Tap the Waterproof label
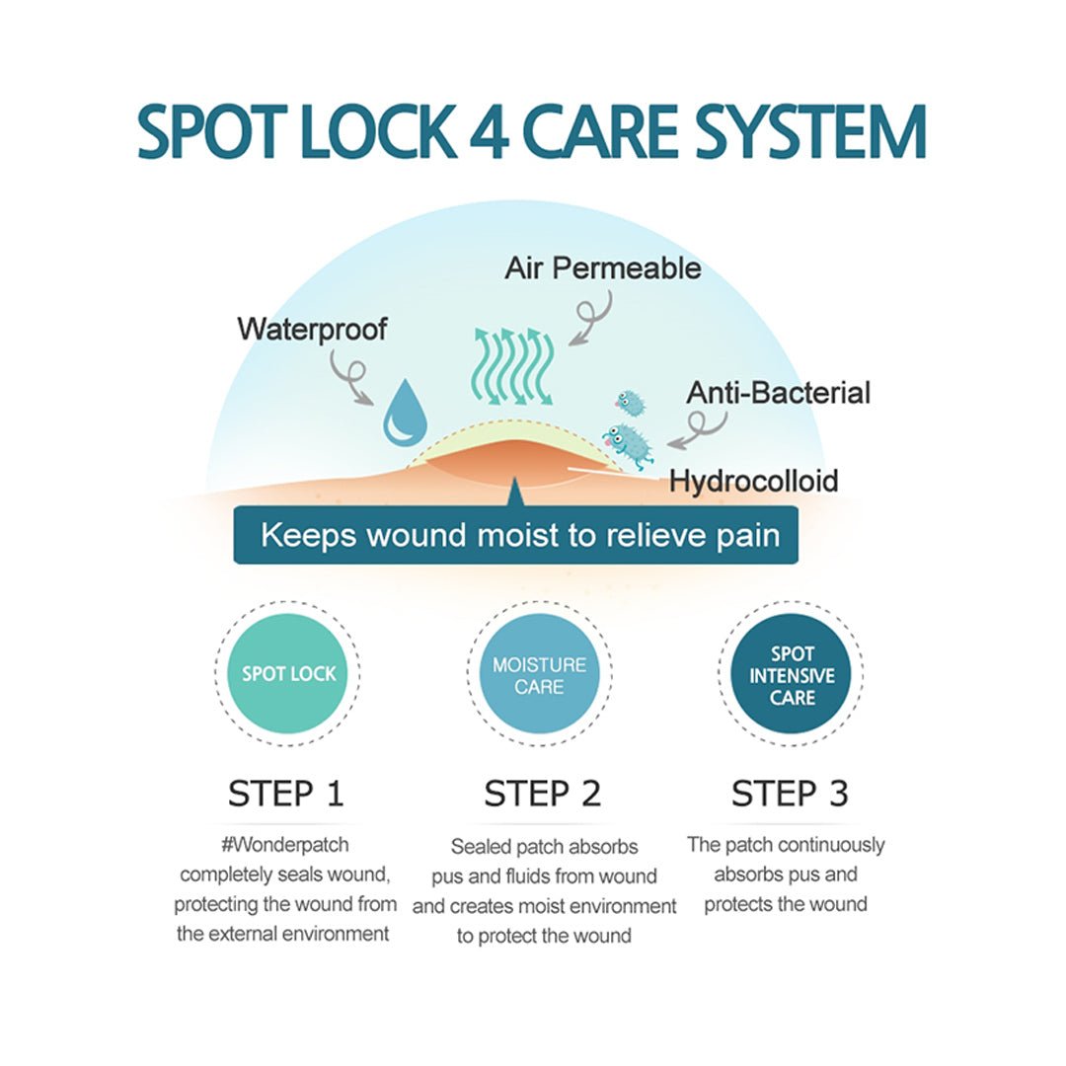tap(312, 329)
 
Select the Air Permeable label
tap(603, 268)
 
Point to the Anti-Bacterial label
tap(779, 393)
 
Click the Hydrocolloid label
tap(754, 481)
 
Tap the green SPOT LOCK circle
tap(289, 674)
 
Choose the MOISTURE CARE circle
tap(539, 675)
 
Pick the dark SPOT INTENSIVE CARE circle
tap(793, 675)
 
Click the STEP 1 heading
tap(286, 794)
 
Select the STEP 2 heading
tap(542, 794)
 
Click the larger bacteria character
tap(629, 443)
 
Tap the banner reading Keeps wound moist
tap(515, 536)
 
